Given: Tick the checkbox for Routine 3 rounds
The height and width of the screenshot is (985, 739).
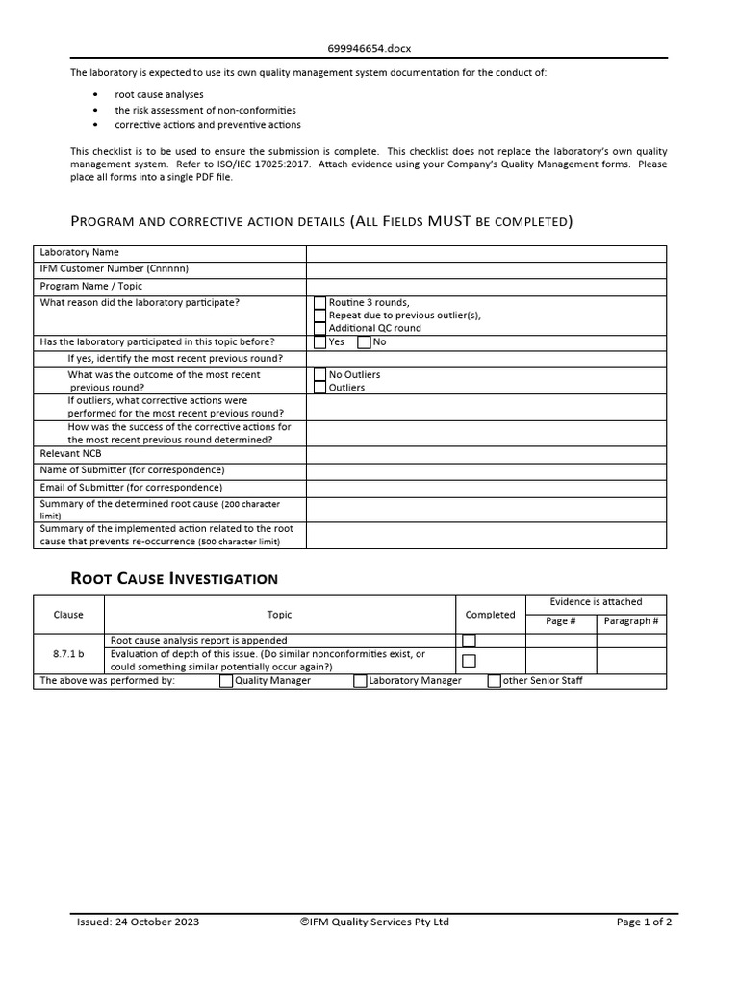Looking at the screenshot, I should point(320,303).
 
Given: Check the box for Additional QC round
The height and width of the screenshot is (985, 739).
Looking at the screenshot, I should point(320,328).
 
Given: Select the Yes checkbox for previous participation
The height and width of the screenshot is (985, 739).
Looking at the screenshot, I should point(320,341).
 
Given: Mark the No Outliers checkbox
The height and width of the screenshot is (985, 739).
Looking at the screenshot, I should point(320,374).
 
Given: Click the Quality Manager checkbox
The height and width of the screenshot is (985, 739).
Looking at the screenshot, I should point(226,681).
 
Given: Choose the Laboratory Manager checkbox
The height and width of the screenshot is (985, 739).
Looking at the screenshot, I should point(361,681).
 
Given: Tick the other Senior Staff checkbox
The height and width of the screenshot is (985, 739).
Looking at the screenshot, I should point(495,681).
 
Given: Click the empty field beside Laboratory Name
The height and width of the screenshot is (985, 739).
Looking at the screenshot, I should point(486,253).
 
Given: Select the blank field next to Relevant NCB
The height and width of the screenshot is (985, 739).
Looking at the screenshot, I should point(486,453).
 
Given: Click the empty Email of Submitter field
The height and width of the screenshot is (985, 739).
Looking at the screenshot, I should point(486,488).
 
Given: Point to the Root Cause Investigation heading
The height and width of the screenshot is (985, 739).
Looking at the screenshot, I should point(174,579).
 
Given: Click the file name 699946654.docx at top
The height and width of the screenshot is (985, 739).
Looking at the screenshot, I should point(370,47).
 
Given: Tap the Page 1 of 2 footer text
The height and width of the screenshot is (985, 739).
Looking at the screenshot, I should point(644,922).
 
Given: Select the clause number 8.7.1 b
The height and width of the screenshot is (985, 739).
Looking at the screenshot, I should point(68,654).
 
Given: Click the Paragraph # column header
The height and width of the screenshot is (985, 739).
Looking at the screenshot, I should point(631,621).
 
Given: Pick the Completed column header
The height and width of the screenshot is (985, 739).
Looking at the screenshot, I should point(490,615).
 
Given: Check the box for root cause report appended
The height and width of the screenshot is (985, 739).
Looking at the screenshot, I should point(469,641).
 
